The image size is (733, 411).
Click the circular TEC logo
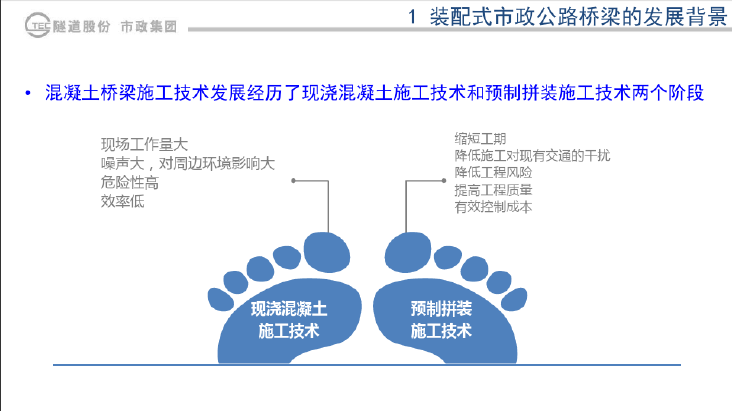click(37, 25)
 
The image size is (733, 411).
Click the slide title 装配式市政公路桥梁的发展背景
click(579, 17)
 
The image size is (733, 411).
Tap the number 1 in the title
click(412, 17)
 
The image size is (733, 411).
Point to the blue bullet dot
click(28, 94)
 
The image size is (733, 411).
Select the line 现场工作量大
click(144, 144)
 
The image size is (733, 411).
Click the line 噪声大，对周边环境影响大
click(187, 164)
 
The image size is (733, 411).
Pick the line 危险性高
click(129, 182)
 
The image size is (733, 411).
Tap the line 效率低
click(122, 202)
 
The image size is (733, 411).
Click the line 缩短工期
click(480, 139)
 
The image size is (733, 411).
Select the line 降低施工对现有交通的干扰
click(532, 156)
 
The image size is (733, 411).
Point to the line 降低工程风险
click(493, 173)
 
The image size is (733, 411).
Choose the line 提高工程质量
click(493, 190)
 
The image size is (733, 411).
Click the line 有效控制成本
click(493, 207)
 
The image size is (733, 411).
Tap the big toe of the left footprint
click(327, 252)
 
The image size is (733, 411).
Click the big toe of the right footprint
click(408, 252)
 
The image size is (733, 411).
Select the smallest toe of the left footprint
click(221, 300)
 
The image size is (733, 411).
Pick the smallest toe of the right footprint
click(514, 300)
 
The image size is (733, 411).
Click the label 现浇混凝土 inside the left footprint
click(289, 309)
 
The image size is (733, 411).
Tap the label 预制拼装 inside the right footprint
click(441, 309)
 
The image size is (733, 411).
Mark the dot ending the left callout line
click(293, 180)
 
